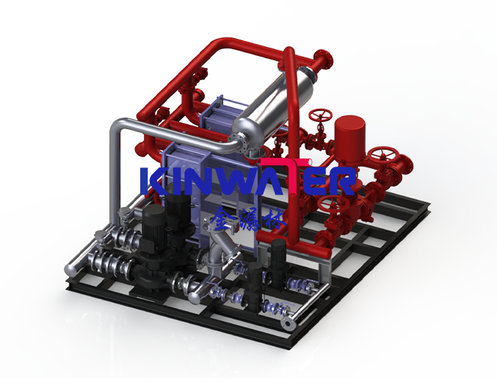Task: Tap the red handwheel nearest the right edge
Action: pos(382,157)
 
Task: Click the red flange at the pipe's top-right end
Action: pos(324,59)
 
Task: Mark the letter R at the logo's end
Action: pos(344,181)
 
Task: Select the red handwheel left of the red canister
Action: pos(319,117)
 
